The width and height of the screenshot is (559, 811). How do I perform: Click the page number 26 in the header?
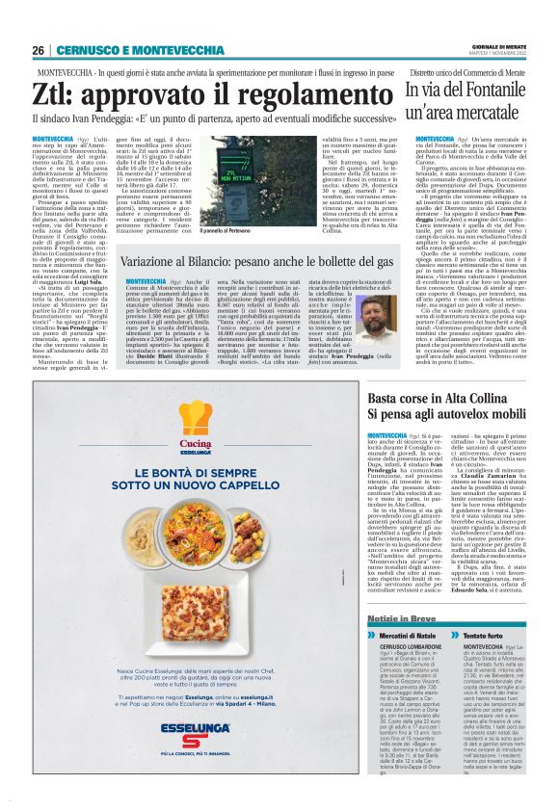coord(39,50)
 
